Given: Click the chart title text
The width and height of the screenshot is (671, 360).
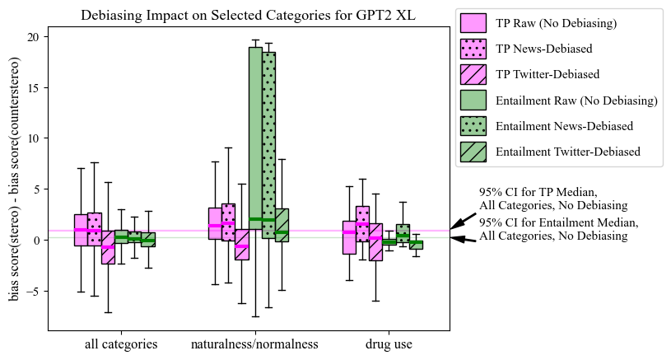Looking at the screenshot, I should click(x=248, y=15).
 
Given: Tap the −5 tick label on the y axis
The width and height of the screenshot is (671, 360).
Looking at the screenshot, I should click(x=32, y=291).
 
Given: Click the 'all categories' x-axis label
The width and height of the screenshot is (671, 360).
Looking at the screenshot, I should click(x=121, y=344).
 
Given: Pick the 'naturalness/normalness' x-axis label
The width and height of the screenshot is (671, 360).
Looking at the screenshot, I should click(x=254, y=344).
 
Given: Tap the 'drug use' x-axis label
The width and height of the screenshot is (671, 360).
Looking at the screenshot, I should click(x=389, y=344).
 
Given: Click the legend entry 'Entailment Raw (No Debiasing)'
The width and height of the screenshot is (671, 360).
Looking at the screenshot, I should click(x=576, y=101).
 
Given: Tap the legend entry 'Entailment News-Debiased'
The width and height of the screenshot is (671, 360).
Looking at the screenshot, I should click(x=564, y=126).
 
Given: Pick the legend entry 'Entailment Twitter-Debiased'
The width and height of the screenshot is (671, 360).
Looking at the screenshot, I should click(x=568, y=152).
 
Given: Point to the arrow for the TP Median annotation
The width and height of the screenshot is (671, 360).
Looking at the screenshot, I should click(x=463, y=221).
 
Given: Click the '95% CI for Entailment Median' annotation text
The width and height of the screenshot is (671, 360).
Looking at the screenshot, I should click(x=558, y=229).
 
